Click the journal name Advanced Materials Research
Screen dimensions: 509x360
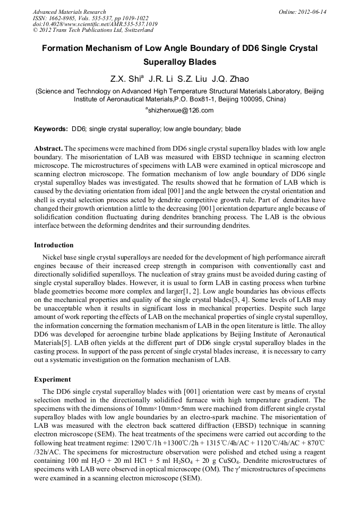[x=69, y=12]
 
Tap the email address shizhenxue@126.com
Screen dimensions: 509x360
[x=181, y=110]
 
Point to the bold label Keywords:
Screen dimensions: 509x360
[x=51, y=129]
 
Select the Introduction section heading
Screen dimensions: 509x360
[x=54, y=245]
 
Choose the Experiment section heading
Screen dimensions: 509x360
[x=53, y=379]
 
